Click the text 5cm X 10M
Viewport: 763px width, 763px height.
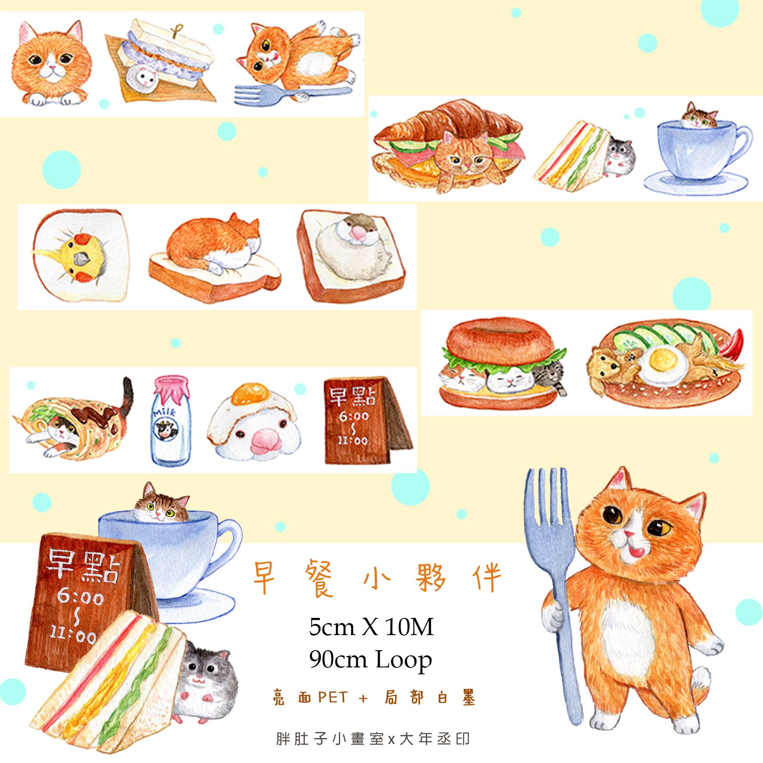click(371, 627)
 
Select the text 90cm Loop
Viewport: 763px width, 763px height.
click(370, 659)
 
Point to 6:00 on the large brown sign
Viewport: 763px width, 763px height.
click(81, 597)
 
